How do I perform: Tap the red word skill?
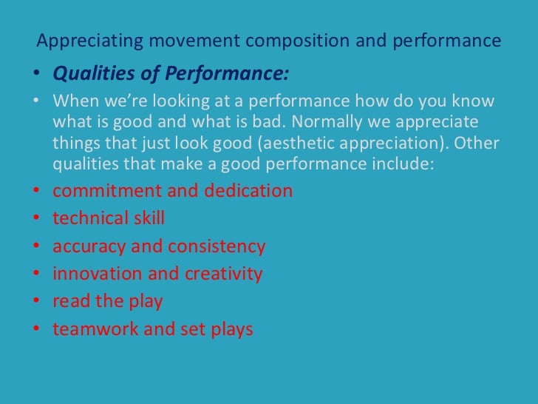click(x=145, y=218)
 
